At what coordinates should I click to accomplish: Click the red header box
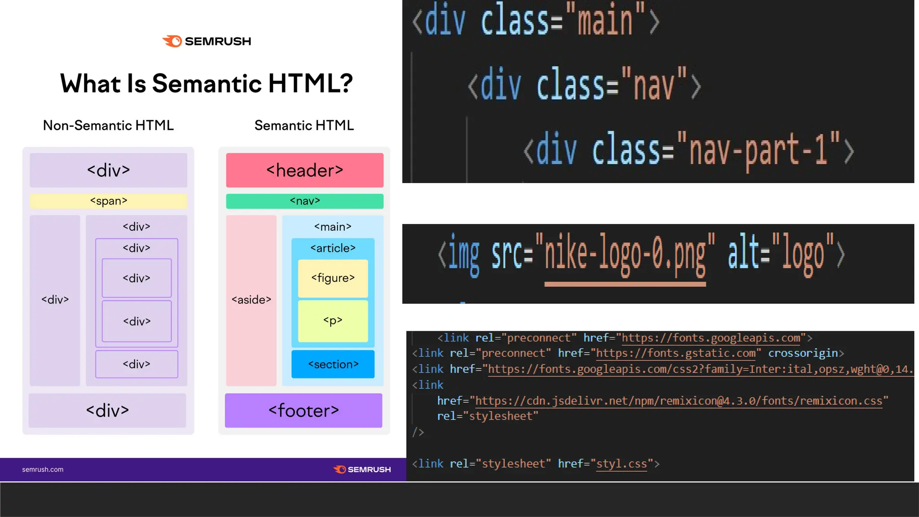[305, 170]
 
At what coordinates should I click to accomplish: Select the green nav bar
[305, 201]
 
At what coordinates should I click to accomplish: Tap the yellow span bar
[109, 201]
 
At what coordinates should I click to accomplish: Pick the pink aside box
[251, 300]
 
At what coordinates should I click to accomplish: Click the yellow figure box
[333, 278]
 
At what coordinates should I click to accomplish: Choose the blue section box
[333, 364]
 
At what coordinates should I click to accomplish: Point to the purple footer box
[304, 410]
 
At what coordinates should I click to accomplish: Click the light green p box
[333, 321]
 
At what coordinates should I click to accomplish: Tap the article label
[333, 248]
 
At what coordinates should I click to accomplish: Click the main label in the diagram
[333, 227]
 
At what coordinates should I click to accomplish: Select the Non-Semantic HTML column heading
[108, 125]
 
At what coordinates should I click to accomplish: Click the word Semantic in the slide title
[207, 83]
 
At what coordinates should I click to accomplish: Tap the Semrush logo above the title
[207, 41]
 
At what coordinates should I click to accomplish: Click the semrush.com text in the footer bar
[43, 469]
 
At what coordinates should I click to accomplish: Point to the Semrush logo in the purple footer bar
[362, 469]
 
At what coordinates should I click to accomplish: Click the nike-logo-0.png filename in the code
[625, 256]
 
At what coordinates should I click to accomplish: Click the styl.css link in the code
[621, 464]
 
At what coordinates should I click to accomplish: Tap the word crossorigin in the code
[803, 353]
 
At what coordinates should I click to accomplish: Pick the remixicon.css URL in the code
[678, 401]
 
